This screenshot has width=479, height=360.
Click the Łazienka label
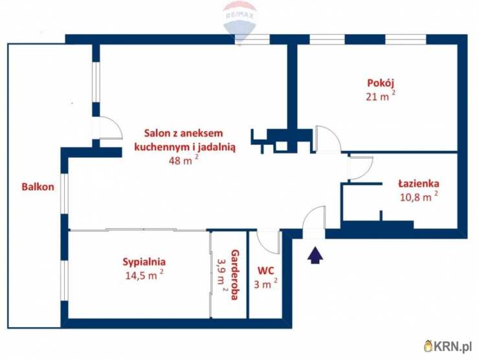418,183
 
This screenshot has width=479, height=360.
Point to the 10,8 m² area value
418,197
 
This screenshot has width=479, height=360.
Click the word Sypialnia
144,262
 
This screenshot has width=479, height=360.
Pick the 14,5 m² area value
144,275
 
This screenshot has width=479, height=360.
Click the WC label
266,270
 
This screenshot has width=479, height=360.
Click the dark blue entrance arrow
315,253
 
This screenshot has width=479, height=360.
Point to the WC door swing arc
268,242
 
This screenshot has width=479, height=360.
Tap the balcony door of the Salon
107,128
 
